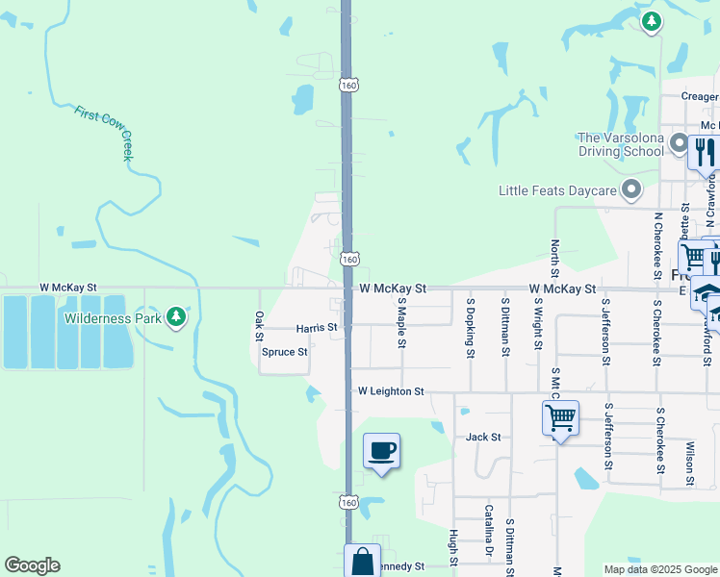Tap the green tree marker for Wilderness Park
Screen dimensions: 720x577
pyautogui.click(x=175, y=316)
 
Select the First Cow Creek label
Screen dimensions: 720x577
pyautogui.click(x=107, y=131)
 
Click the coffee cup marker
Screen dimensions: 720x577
pyautogui.click(x=381, y=451)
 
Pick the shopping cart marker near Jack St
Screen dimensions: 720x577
pyautogui.click(x=560, y=418)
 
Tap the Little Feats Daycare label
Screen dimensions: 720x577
pyautogui.click(x=556, y=190)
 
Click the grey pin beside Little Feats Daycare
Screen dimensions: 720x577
pyautogui.click(x=631, y=190)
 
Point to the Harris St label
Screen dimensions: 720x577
pyautogui.click(x=317, y=328)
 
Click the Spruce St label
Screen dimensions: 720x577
pyautogui.click(x=285, y=352)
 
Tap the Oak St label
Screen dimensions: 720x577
pyautogui.click(x=258, y=326)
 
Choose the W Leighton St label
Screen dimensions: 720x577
pyautogui.click(x=391, y=391)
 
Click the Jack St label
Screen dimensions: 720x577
pyautogui.click(x=483, y=437)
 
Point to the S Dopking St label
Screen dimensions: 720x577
pyautogui.click(x=471, y=327)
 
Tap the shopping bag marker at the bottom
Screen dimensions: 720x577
pyautogui.click(x=363, y=561)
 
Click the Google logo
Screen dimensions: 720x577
pyautogui.click(x=32, y=564)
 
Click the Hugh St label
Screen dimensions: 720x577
pyautogui.click(x=452, y=546)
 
